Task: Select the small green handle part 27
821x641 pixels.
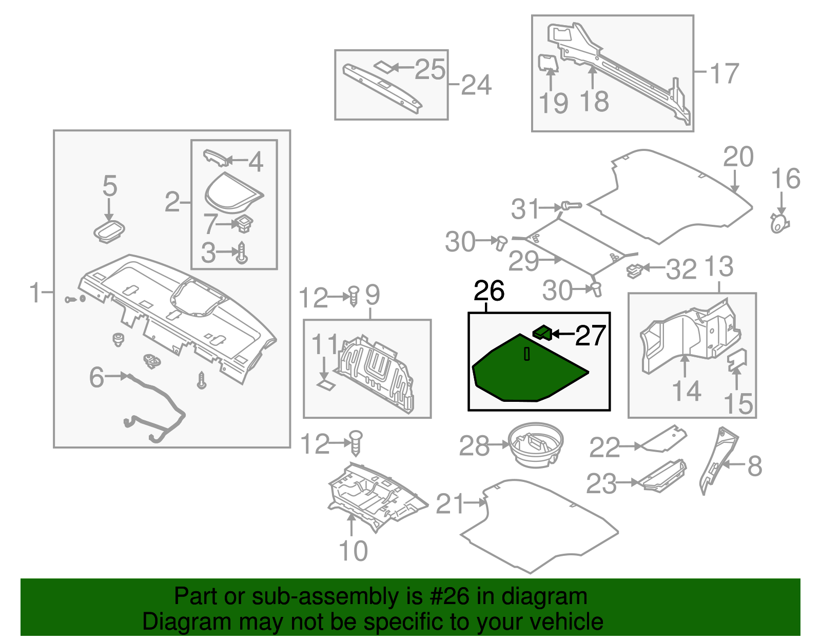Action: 542,333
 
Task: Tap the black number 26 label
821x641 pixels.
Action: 489,291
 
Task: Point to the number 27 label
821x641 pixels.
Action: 591,336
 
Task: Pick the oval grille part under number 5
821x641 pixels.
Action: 109,231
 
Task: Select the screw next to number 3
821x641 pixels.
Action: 242,253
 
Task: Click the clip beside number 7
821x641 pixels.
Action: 243,224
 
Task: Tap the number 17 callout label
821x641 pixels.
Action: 724,73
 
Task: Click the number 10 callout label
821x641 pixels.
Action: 353,551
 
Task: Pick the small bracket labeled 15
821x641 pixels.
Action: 737,360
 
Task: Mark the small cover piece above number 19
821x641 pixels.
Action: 547,62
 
